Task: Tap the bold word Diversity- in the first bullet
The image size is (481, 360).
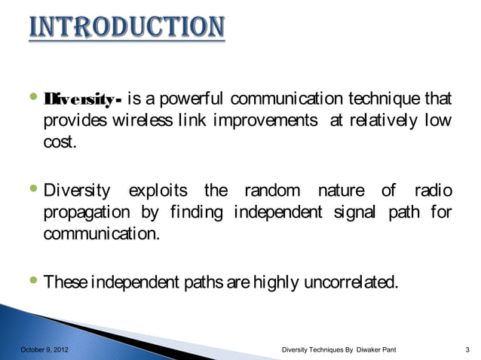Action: [x=83, y=100]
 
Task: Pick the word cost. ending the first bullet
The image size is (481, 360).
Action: [x=59, y=143]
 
